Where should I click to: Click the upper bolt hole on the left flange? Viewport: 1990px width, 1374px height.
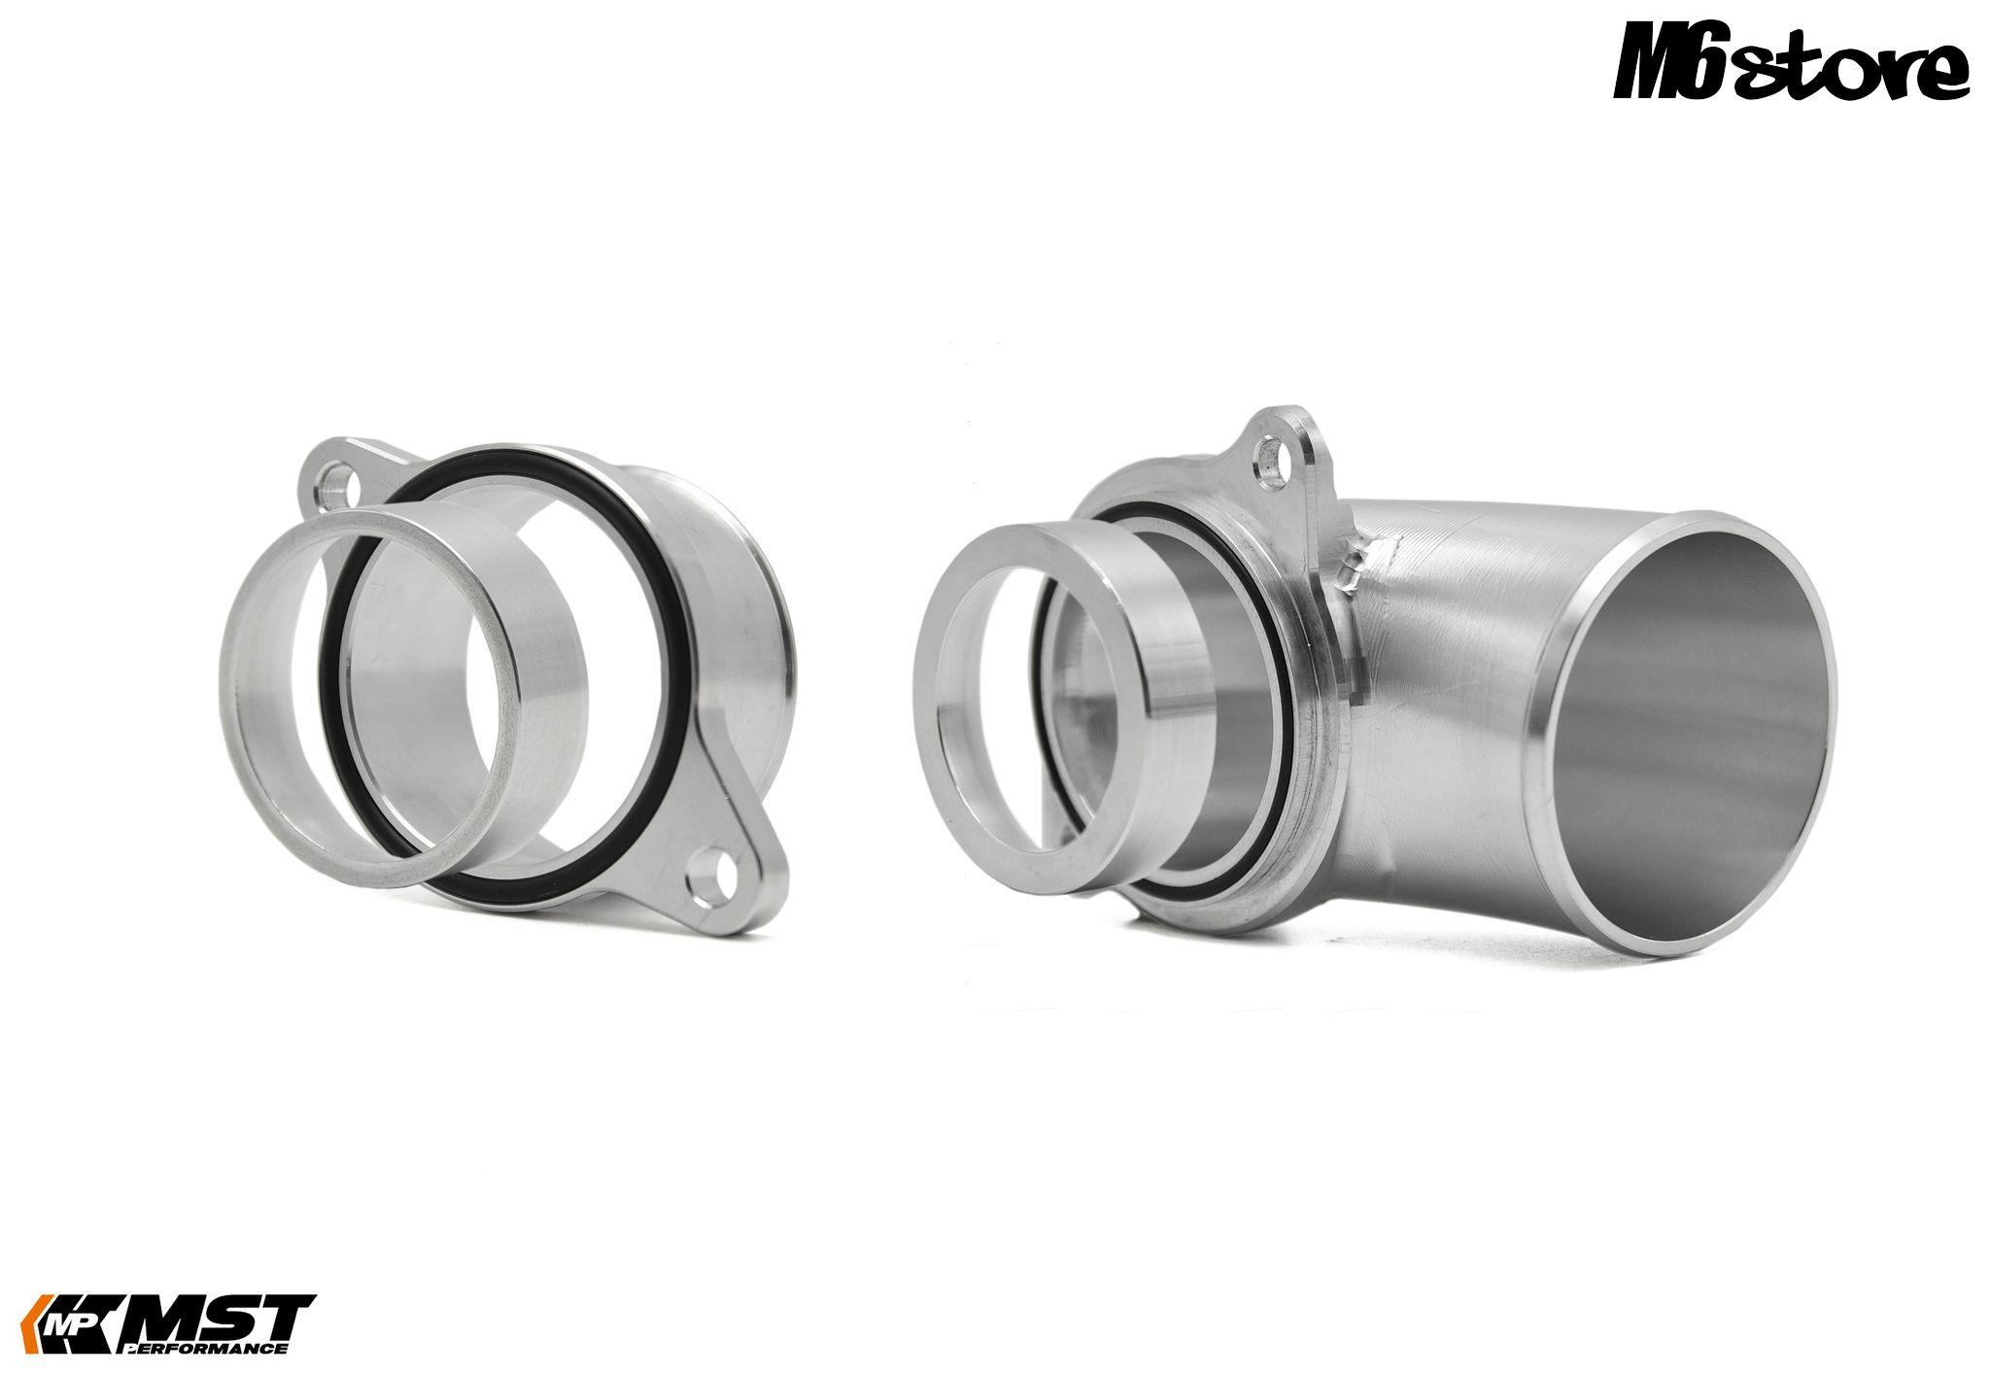[340, 482]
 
